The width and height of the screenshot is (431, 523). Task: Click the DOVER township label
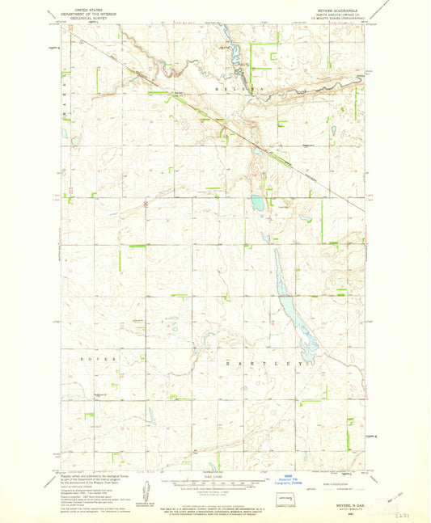(99, 356)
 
